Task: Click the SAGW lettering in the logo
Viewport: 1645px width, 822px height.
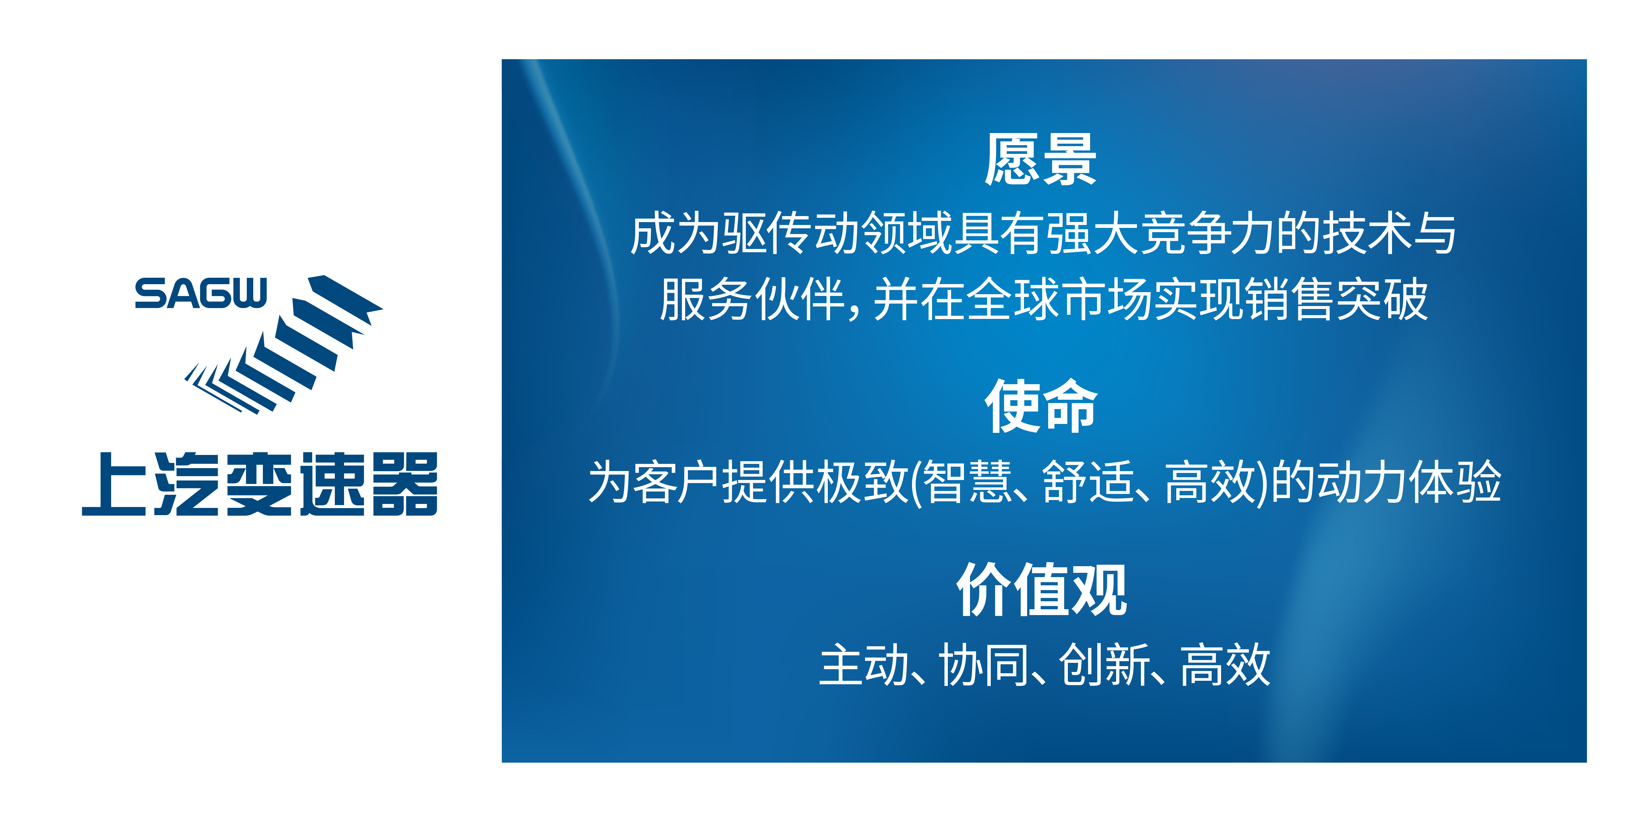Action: [201, 294]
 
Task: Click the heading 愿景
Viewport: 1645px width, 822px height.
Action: [1040, 160]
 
